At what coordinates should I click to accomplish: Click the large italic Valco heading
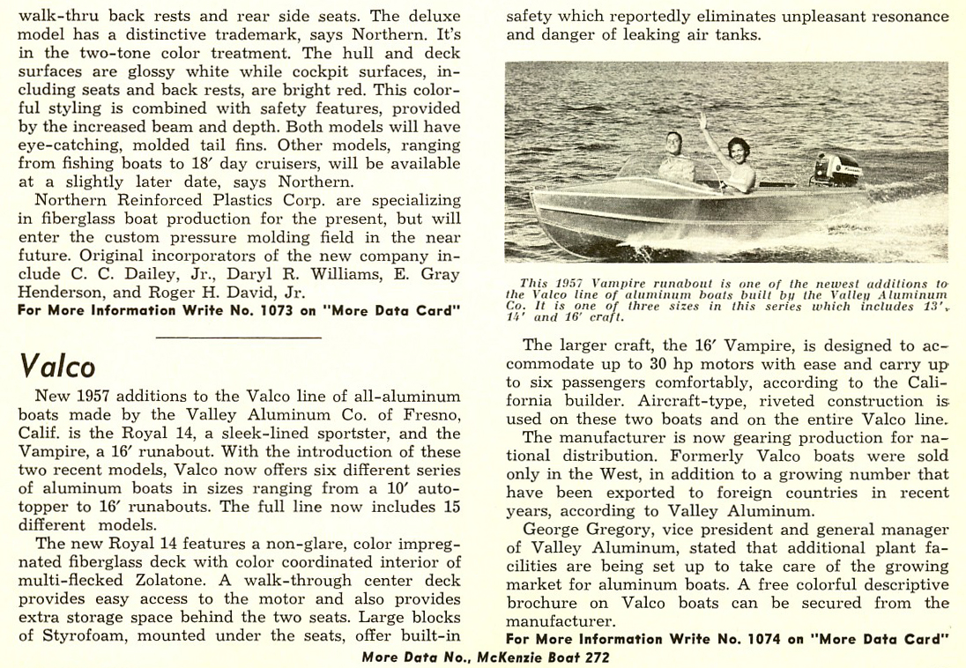coord(57,366)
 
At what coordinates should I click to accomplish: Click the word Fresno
coord(429,414)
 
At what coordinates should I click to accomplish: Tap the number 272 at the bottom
coord(594,657)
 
